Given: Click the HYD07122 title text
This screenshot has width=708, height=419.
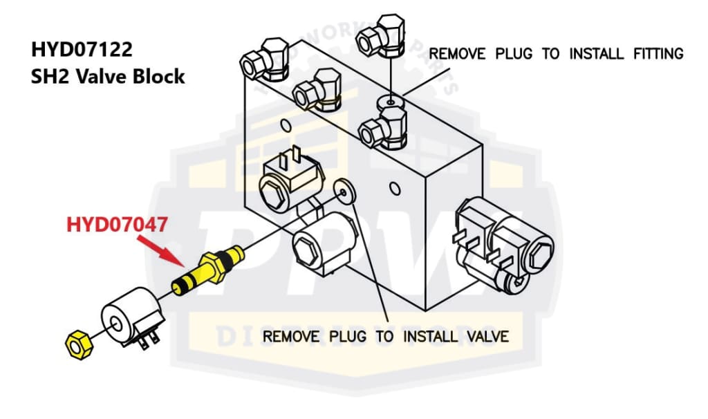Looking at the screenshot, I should click(x=82, y=50).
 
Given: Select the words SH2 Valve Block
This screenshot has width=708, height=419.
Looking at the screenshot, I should click(x=107, y=76).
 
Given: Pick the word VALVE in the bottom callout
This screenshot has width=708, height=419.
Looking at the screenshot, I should click(x=486, y=337).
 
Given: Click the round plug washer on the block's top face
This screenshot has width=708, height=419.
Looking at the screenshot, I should click(x=391, y=103).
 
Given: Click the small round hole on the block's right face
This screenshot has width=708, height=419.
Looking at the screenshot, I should click(x=394, y=187).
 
